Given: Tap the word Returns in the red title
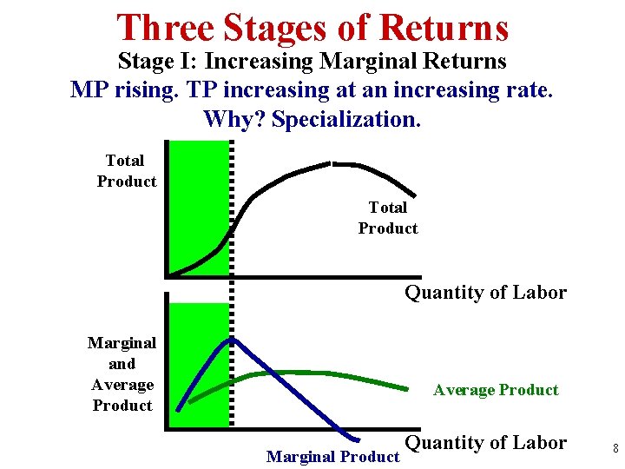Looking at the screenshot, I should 445,28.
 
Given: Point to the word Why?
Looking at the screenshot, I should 234,119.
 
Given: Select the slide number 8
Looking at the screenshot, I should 615,449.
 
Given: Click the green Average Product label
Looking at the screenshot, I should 496,390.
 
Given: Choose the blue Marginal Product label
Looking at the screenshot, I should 332,456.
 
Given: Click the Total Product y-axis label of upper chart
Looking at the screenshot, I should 126,171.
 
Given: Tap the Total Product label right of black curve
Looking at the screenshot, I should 387,218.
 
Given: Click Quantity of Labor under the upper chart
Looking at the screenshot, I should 485,293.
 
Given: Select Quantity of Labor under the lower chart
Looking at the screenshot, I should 485,443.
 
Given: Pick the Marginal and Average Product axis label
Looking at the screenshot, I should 122,374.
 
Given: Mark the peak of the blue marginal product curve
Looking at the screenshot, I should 231,340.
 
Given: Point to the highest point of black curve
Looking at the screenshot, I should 331,162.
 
